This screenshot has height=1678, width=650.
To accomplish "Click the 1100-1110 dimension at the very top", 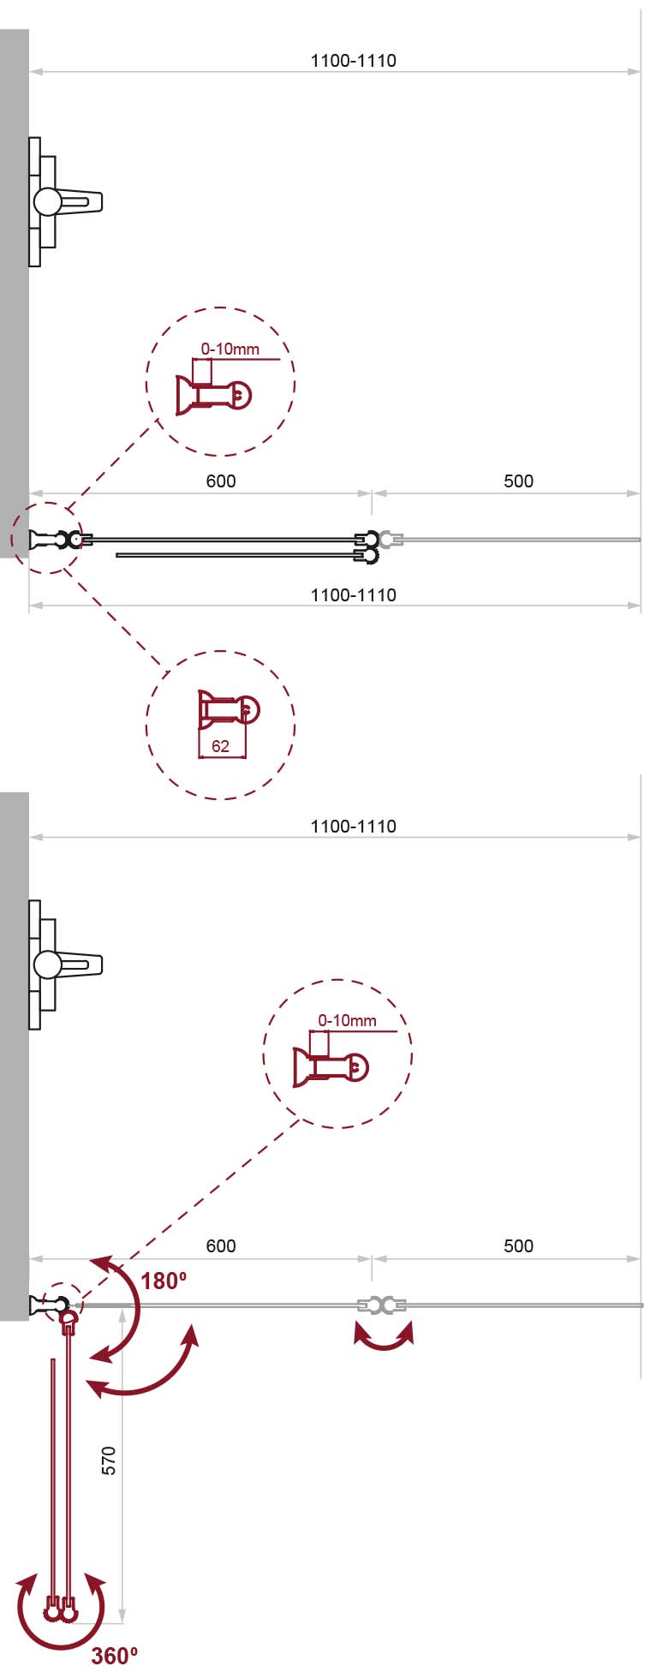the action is (353, 61).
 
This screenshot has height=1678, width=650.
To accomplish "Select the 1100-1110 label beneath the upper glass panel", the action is (353, 595).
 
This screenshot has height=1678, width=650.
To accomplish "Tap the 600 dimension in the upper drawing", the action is (221, 481).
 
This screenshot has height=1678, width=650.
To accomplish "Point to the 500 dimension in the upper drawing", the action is (518, 481).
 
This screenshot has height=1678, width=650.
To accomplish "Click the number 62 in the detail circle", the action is (220, 746).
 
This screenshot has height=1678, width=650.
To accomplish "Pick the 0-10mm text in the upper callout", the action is (230, 349).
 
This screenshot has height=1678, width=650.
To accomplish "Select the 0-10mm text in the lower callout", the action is (347, 1020).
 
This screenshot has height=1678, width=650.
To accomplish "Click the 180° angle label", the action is (164, 1281).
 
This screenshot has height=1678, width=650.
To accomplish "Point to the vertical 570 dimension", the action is (109, 1460).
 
